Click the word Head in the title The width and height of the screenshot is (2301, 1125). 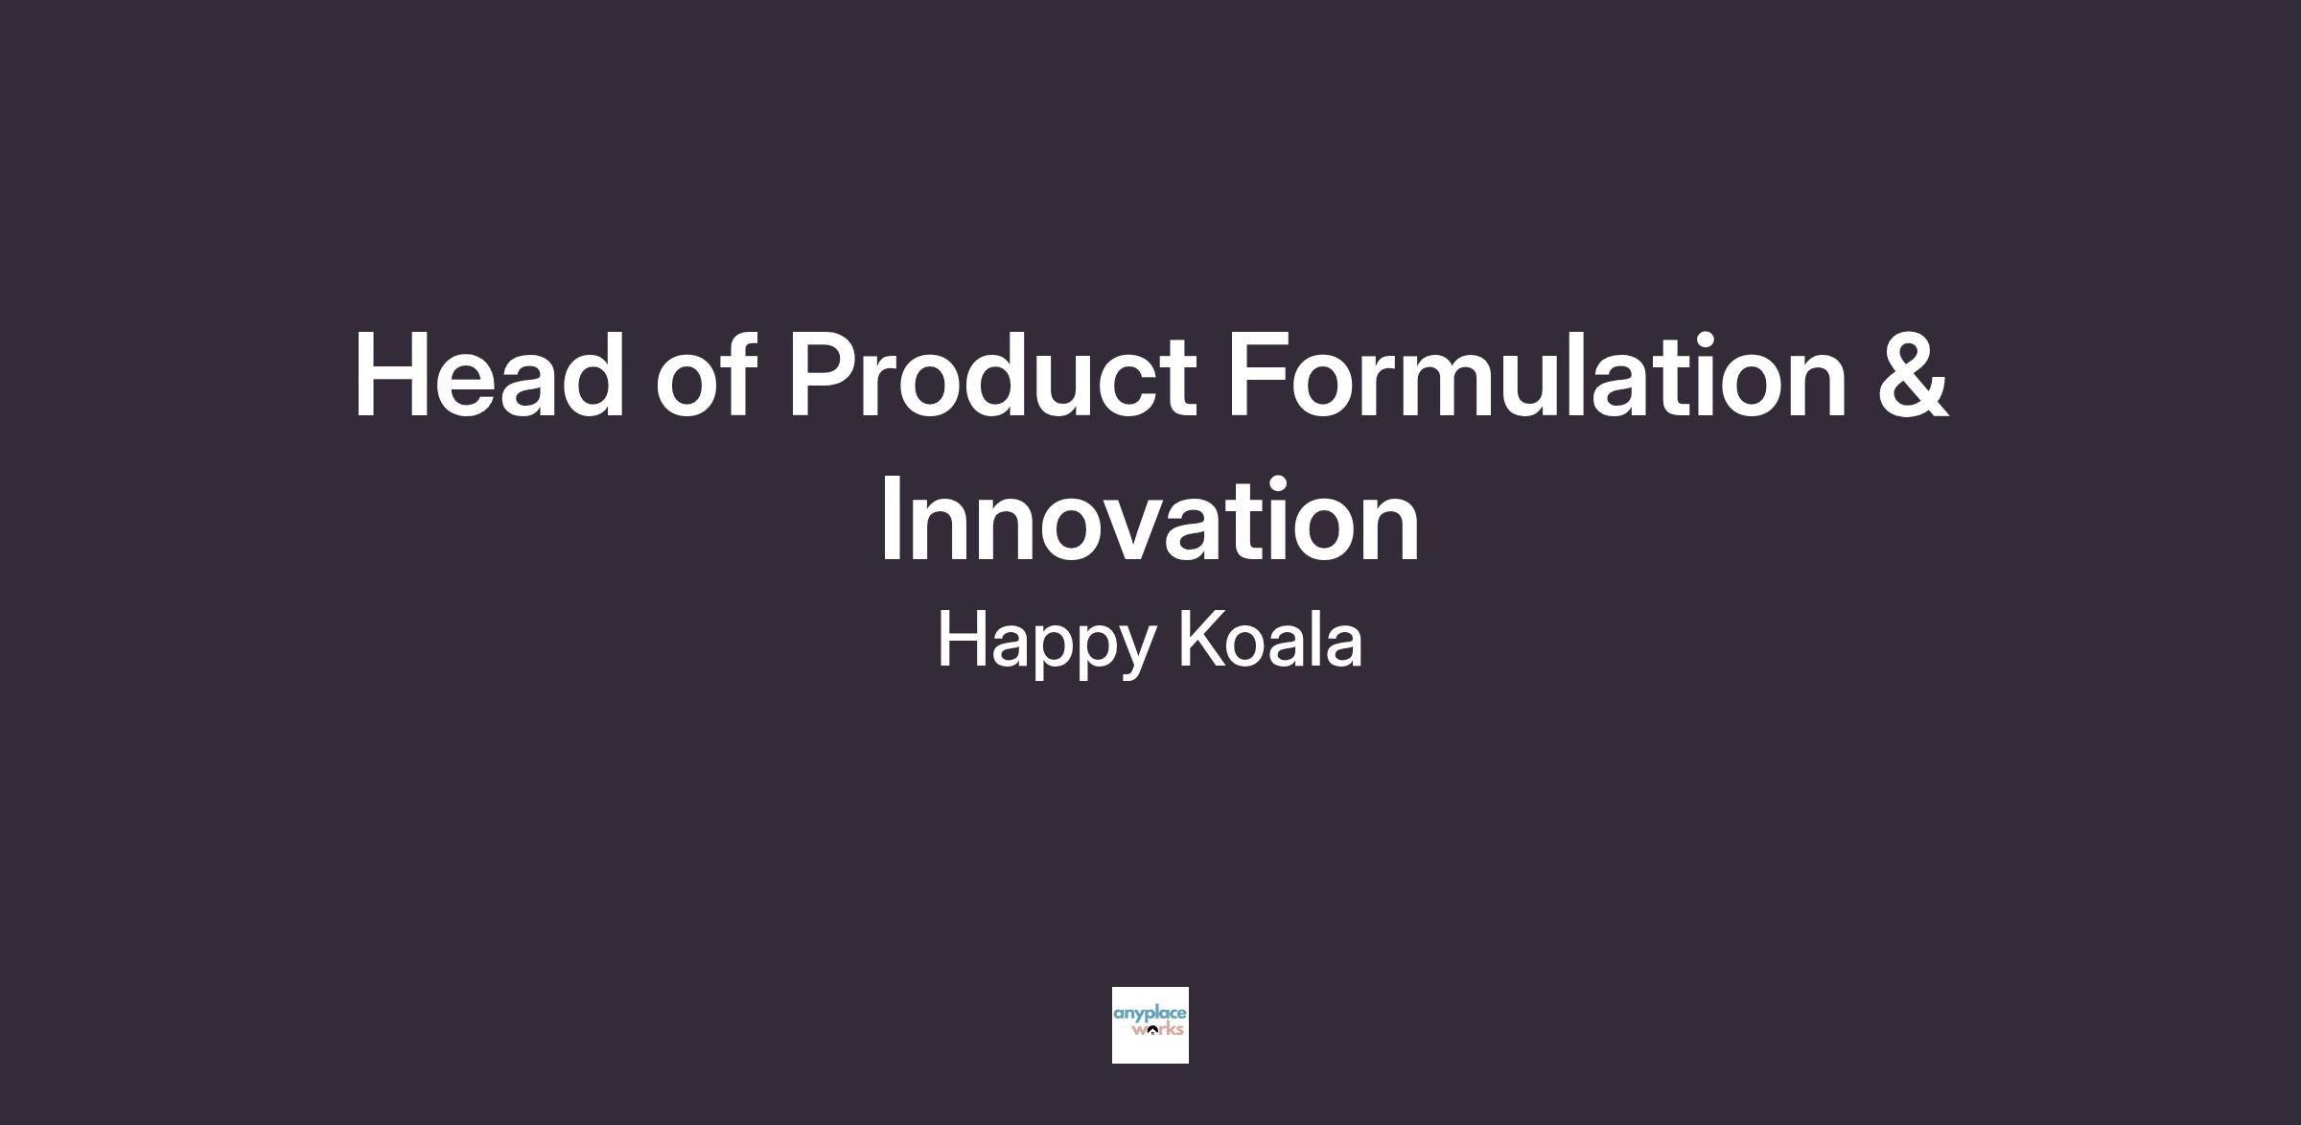click(490, 375)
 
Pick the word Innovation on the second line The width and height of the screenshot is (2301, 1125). click(1150, 519)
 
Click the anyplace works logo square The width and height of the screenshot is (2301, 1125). click(1150, 1024)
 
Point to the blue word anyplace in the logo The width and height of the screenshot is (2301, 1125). click(1150, 1014)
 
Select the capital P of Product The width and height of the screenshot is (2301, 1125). click(824, 375)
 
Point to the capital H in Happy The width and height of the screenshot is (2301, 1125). click(963, 638)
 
